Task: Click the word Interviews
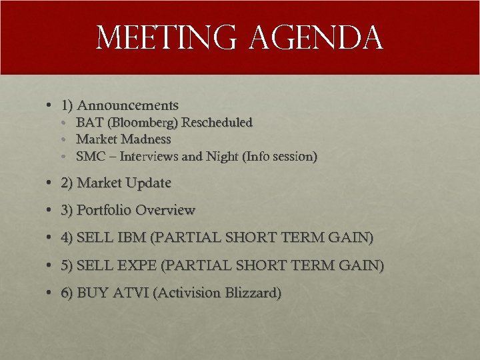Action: [x=151, y=157]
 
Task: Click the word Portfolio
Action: [x=104, y=210]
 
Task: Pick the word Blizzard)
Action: [x=253, y=293]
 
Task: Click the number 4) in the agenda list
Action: [x=67, y=237]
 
